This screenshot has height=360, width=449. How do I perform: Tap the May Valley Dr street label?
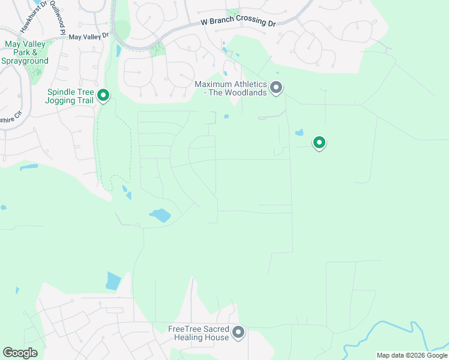click(x=88, y=36)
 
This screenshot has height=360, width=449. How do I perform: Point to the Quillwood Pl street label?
click(x=58, y=12)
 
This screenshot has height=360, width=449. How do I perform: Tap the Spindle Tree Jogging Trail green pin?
click(x=103, y=95)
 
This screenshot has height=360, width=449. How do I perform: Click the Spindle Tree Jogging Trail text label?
click(x=69, y=96)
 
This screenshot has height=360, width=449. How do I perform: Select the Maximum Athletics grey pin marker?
click(x=276, y=88)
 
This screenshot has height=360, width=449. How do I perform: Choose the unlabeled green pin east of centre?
click(x=319, y=143)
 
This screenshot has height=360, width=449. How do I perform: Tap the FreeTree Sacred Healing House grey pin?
click(x=238, y=332)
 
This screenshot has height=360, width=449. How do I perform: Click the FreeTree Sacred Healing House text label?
click(x=199, y=333)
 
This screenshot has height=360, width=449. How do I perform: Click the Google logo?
click(x=20, y=353)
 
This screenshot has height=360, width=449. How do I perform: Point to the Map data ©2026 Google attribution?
click(x=412, y=355)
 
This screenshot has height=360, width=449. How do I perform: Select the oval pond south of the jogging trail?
click(x=160, y=215)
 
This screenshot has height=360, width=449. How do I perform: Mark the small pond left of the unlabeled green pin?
click(x=300, y=133)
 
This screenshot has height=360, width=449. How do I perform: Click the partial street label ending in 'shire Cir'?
click(x=8, y=120)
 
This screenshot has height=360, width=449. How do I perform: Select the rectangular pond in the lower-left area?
click(x=113, y=281)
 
